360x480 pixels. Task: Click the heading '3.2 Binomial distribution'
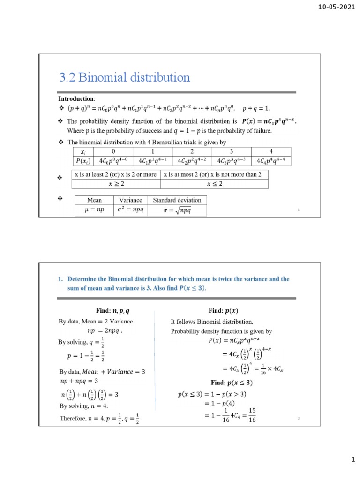(124, 77)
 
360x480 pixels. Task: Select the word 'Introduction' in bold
(76, 99)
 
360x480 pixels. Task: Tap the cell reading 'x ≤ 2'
(215, 184)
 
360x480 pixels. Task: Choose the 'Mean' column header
(94, 200)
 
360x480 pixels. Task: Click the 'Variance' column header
(130, 200)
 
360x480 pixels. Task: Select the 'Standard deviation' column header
(177, 200)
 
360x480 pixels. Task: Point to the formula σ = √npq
(177, 210)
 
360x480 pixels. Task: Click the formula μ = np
(94, 210)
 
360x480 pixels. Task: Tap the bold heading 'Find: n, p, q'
(115, 310)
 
